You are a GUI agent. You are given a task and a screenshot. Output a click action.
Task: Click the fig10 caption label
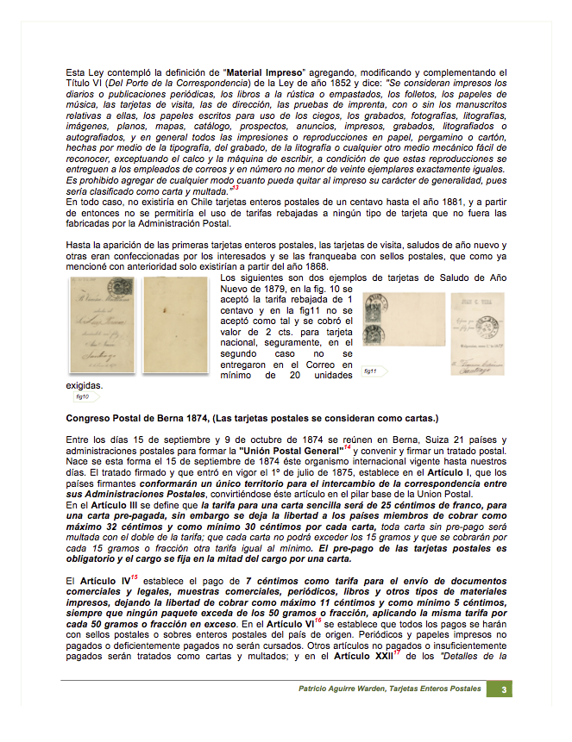(83, 397)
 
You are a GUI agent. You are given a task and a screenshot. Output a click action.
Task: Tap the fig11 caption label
(370, 371)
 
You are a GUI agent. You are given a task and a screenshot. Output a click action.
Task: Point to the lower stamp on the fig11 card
(377, 334)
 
